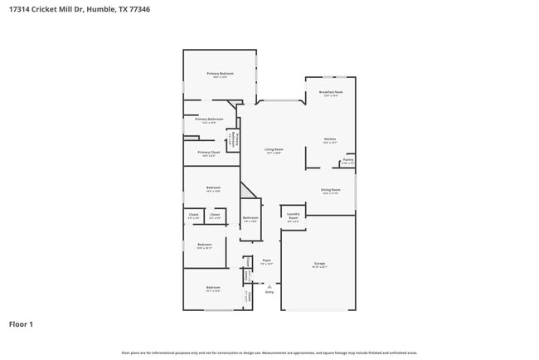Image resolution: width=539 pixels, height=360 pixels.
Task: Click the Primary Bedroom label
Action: [x=220, y=74]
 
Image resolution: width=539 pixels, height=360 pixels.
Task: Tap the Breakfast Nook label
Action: [x=331, y=93]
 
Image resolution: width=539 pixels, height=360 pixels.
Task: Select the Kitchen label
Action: [x=329, y=139]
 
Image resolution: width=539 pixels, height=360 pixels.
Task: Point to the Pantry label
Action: [x=348, y=160]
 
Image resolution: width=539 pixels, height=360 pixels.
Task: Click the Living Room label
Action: [x=274, y=150]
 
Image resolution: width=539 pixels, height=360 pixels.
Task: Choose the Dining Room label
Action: [x=331, y=191]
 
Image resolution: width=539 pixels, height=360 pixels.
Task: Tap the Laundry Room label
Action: [x=293, y=216]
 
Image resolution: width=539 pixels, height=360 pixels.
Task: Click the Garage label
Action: [x=319, y=263]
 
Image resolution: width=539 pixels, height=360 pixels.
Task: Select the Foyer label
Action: [x=267, y=261]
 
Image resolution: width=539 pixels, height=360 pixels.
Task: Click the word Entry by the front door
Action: [x=269, y=292]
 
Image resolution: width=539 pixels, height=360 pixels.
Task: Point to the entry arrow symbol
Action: [x=269, y=286]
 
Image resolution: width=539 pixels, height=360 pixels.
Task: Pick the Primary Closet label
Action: [x=209, y=153]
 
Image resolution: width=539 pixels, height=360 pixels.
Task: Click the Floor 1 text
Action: [x=21, y=324]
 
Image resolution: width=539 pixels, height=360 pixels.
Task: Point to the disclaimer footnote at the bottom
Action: [x=269, y=353]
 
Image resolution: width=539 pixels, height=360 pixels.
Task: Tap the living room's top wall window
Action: [x=280, y=101]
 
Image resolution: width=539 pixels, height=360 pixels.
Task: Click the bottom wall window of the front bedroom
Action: [x=218, y=310]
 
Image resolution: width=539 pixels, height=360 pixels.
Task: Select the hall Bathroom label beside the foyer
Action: [x=250, y=219]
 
